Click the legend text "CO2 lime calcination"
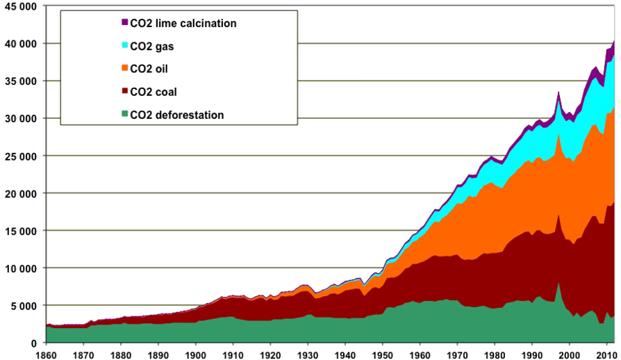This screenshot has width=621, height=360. click(183, 24)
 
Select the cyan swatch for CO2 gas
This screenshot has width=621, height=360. click(124, 46)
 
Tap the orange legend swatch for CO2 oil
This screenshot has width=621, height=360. click(124, 69)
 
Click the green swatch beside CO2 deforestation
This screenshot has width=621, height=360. click(124, 115)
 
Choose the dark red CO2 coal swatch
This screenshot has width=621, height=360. click(124, 92)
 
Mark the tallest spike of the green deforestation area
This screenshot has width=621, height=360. click(558, 284)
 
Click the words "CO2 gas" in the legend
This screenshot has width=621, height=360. click(149, 47)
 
